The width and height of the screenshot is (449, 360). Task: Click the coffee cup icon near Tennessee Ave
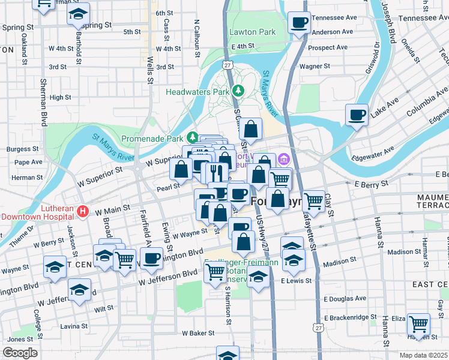tap(299, 23)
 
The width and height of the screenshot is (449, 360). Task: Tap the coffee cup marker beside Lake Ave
tap(357, 115)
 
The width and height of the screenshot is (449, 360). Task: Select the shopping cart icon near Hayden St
tap(418, 325)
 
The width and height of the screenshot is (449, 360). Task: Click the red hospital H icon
tap(83, 212)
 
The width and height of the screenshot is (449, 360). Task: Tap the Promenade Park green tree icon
tap(192, 137)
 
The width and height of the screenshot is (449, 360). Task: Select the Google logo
tap(19, 352)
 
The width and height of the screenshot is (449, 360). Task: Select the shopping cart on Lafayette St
tap(313, 200)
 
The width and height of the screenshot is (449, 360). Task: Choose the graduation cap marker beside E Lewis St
tap(258, 278)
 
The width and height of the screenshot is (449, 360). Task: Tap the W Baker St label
tap(198, 332)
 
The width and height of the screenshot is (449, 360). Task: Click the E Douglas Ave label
tap(345, 298)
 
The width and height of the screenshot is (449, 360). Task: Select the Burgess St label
tap(23, 149)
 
